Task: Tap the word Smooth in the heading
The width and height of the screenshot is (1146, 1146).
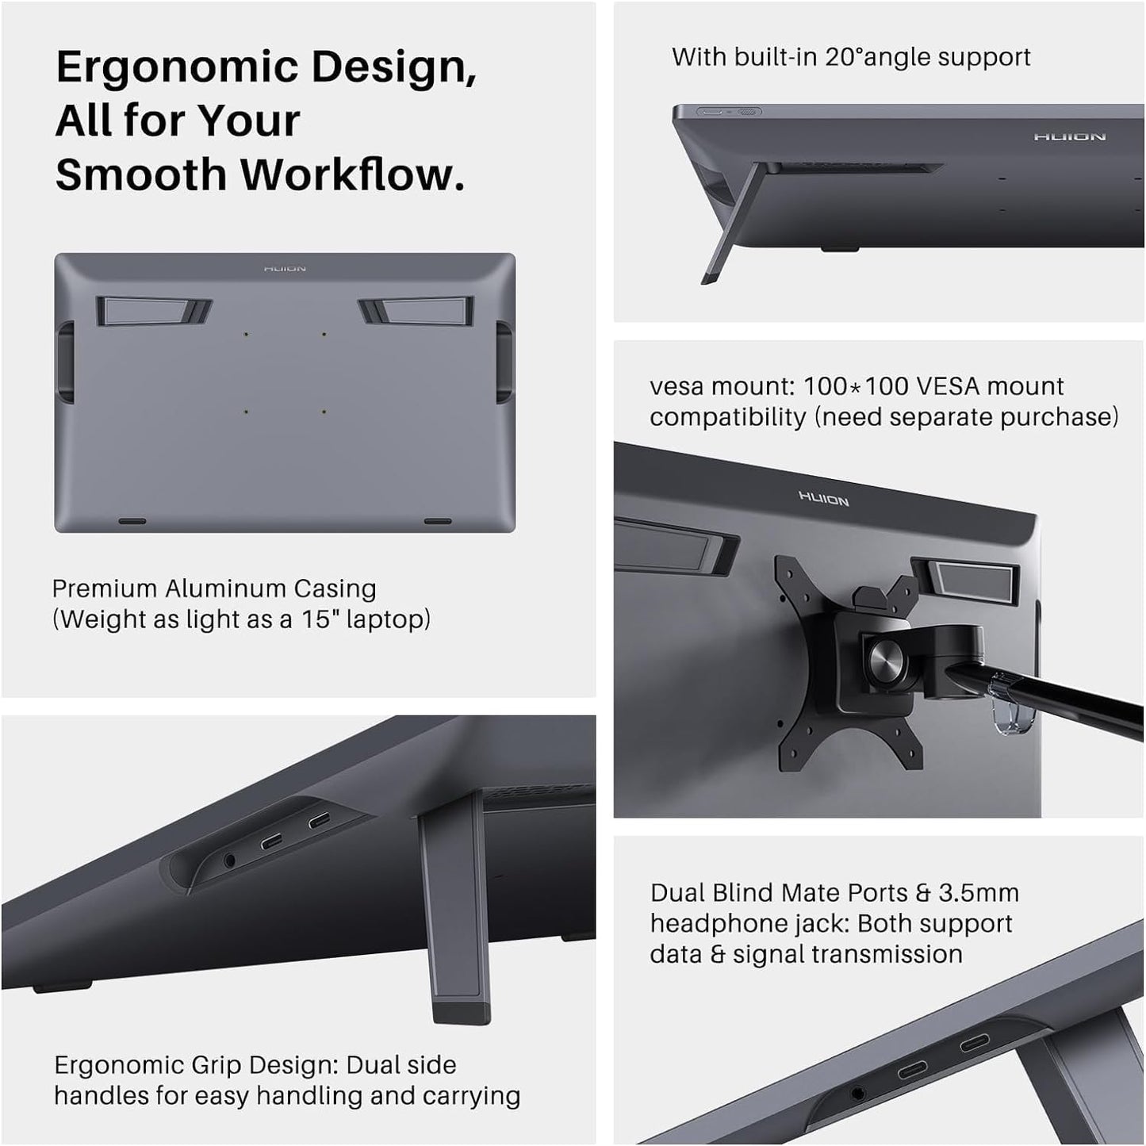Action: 140,174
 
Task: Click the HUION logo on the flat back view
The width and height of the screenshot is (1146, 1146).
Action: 285,269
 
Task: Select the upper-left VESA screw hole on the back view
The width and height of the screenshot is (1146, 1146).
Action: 246,335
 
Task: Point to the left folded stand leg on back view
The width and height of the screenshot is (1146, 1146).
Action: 154,311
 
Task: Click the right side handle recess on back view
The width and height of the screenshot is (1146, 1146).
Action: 504,361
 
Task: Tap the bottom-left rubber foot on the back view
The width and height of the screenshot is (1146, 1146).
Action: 132,522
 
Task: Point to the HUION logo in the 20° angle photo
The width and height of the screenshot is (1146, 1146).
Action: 1069,137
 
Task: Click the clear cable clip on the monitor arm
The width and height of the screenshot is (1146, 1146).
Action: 1012,704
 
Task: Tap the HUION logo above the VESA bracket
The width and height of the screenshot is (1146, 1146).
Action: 823,499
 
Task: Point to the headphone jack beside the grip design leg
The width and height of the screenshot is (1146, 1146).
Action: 231,858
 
